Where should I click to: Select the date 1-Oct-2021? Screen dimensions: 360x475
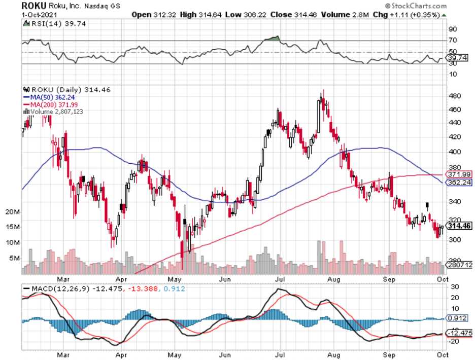pos(39,15)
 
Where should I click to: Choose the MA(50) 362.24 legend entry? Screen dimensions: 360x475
pos(50,97)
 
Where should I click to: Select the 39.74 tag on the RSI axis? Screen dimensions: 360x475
pos(456,58)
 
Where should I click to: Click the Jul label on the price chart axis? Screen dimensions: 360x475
pos(279,278)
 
